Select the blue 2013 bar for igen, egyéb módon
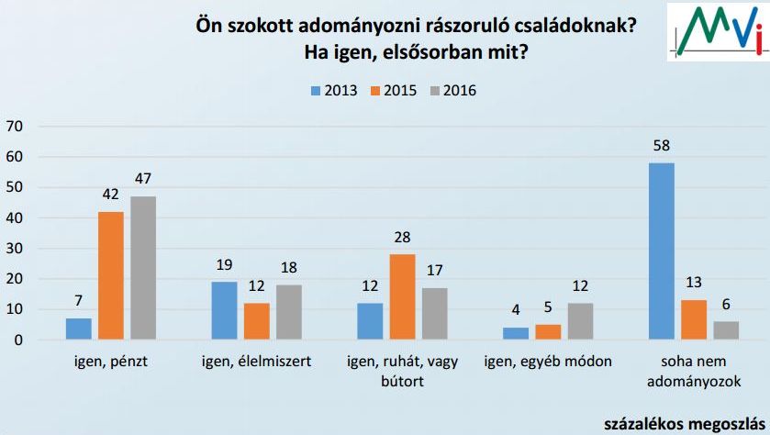tap(516, 334)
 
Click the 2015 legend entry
tap(392, 90)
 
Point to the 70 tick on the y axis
tap(16, 126)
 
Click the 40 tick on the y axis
tap(16, 217)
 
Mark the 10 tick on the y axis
tap(16, 309)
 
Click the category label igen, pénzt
tap(110, 362)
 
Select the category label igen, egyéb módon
tap(549, 362)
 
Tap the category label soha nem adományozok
tap(693, 371)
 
